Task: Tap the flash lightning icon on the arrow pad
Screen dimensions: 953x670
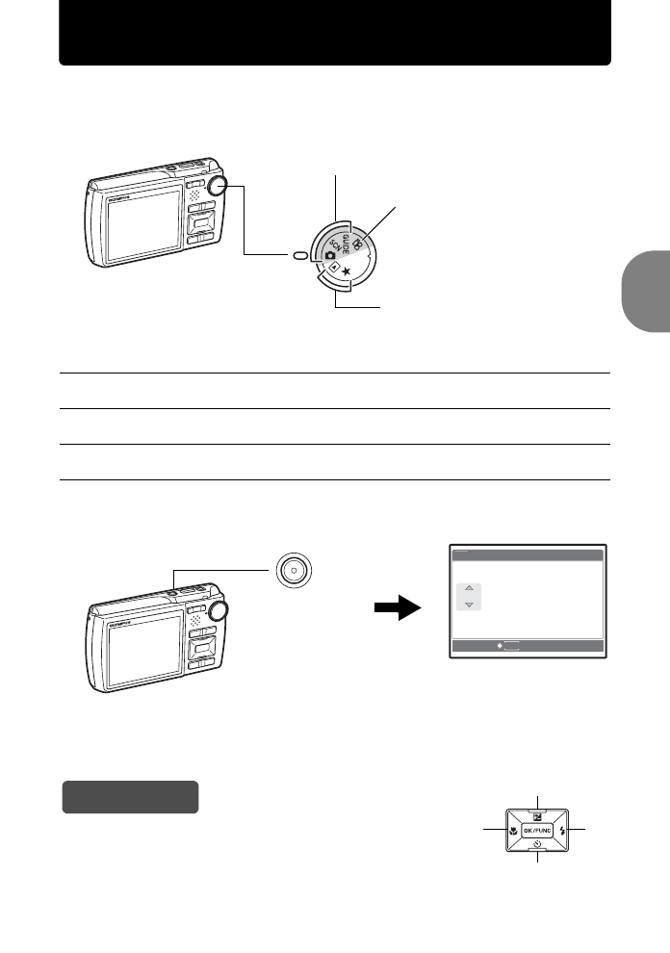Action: [562, 830]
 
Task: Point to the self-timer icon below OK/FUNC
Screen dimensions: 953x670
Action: [536, 845]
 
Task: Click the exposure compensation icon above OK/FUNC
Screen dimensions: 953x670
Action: [536, 813]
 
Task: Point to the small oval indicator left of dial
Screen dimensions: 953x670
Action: [300, 255]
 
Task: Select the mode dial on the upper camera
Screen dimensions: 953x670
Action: [219, 187]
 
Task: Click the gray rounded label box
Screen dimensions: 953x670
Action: [130, 797]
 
